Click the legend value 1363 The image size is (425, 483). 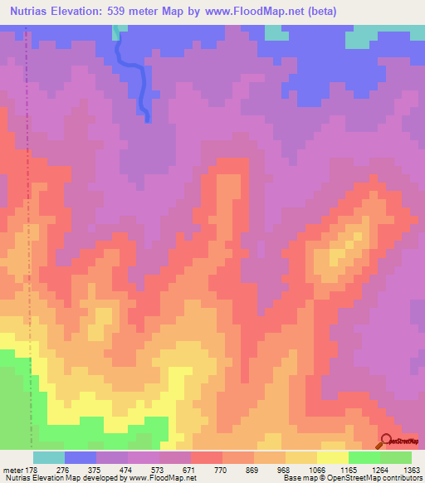pos(412,469)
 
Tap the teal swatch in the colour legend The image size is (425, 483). pos(49,457)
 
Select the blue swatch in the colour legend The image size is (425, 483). pos(81,457)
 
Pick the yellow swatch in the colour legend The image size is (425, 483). pos(333,457)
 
